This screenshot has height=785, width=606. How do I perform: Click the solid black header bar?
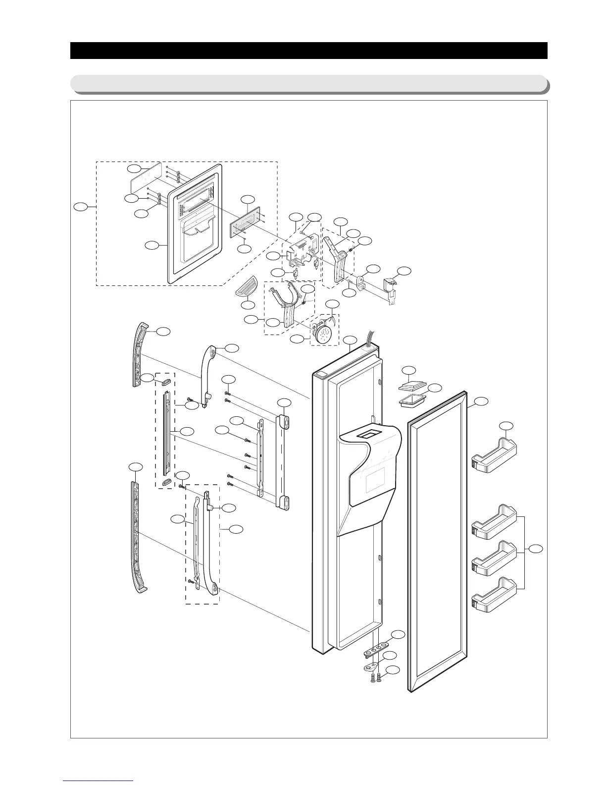308,51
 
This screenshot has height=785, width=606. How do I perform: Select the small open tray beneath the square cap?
411,401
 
